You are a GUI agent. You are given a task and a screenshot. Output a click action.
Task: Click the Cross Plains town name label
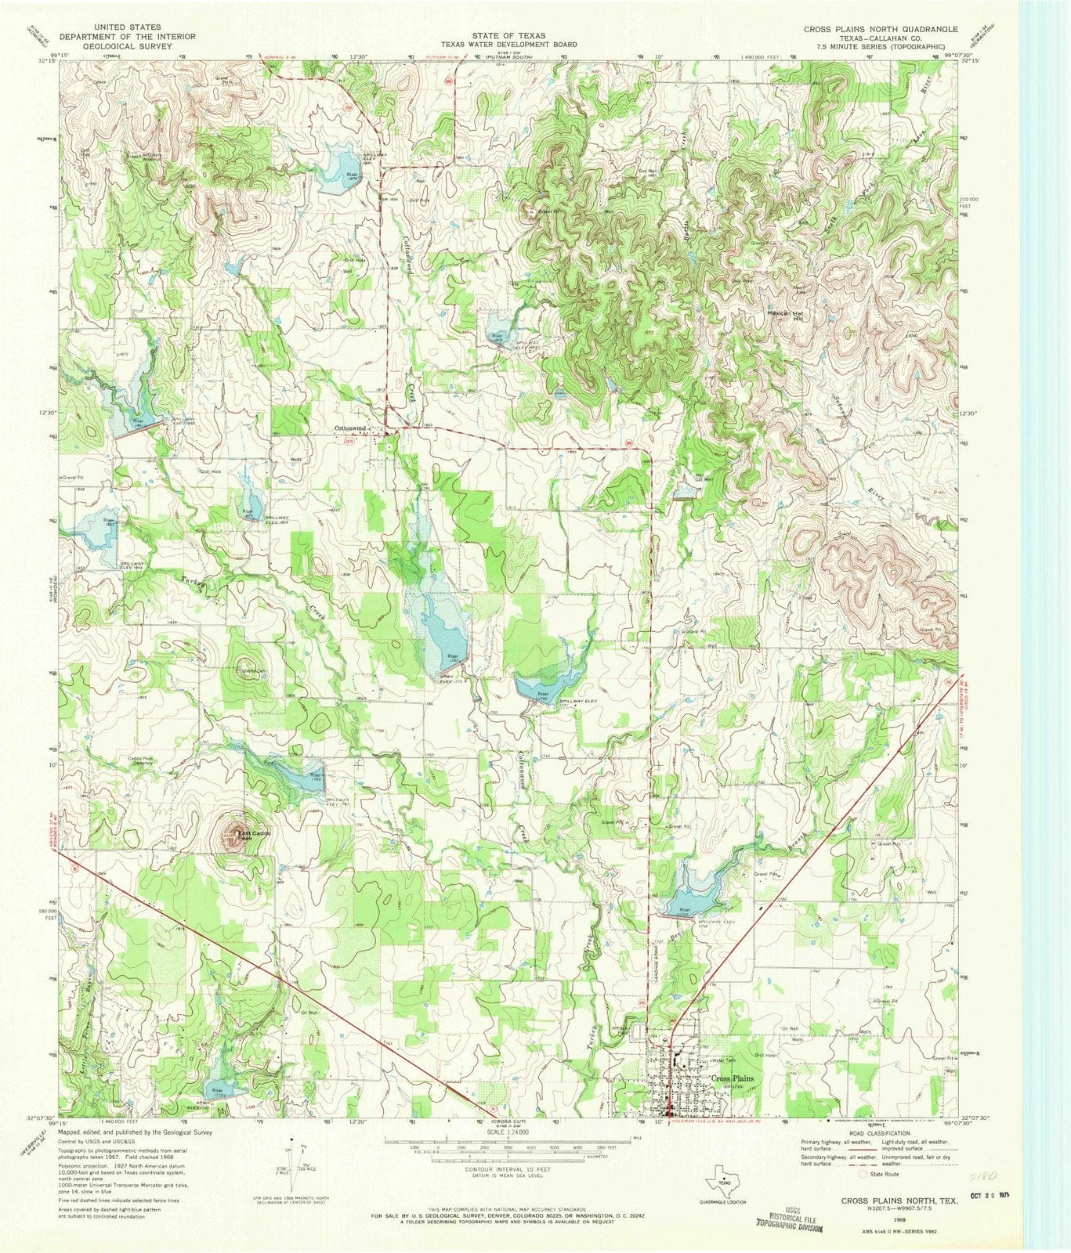click(x=732, y=1079)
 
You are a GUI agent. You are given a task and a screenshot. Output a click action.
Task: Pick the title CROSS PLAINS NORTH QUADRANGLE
click(x=881, y=29)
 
